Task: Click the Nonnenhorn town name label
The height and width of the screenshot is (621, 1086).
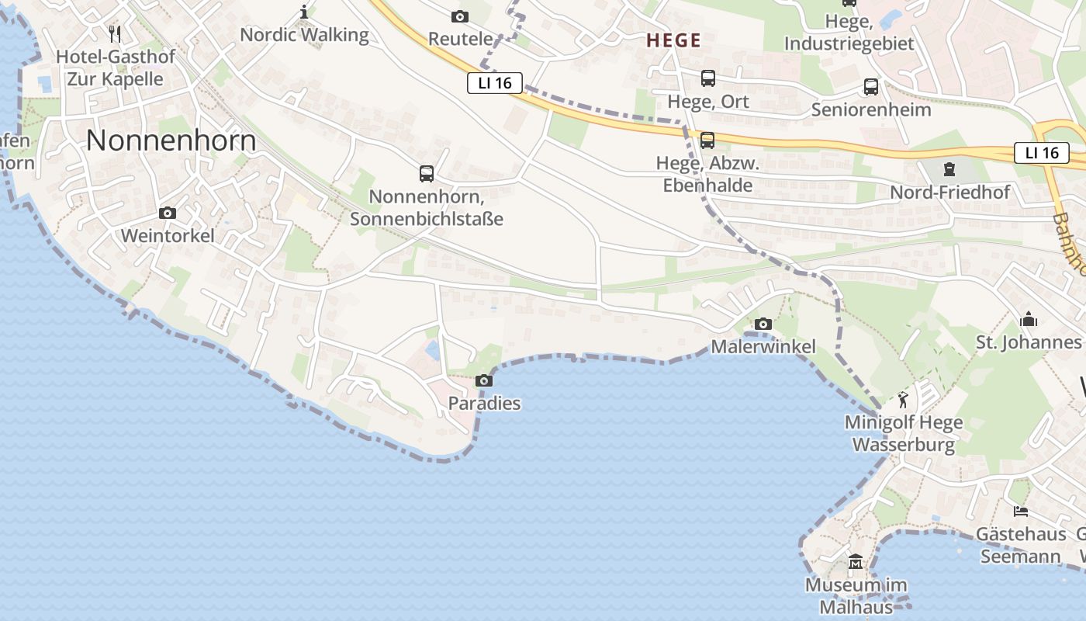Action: point(171,141)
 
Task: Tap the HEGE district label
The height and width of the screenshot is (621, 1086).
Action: point(673,41)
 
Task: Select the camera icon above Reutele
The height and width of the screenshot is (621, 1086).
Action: point(460,16)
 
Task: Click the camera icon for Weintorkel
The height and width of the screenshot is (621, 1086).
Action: point(167,213)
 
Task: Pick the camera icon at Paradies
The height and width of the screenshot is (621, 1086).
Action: point(484,380)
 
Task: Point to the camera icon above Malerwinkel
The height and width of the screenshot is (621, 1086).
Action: point(763,324)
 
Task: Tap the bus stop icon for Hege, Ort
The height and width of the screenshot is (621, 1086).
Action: point(708,78)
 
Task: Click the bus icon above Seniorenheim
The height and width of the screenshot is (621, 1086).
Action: point(871,86)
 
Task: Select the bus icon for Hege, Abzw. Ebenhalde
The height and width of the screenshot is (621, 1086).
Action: point(707,141)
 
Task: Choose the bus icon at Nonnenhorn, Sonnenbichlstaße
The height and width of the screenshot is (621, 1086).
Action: point(427,173)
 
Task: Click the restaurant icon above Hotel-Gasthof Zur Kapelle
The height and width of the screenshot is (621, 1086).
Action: point(116,33)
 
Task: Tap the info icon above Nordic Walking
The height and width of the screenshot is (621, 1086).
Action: point(304,12)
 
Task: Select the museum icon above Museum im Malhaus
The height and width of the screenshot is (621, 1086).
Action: point(856,561)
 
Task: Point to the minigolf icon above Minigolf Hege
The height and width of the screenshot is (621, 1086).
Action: point(903,401)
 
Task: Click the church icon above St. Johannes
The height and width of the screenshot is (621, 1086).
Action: point(1029,319)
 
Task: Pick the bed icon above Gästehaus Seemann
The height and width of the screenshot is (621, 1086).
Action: point(1021,512)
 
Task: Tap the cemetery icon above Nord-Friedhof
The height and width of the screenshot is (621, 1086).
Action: point(949,168)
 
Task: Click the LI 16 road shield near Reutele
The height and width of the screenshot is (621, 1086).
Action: point(495,83)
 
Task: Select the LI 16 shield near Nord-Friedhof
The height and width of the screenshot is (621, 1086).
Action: point(1041,153)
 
